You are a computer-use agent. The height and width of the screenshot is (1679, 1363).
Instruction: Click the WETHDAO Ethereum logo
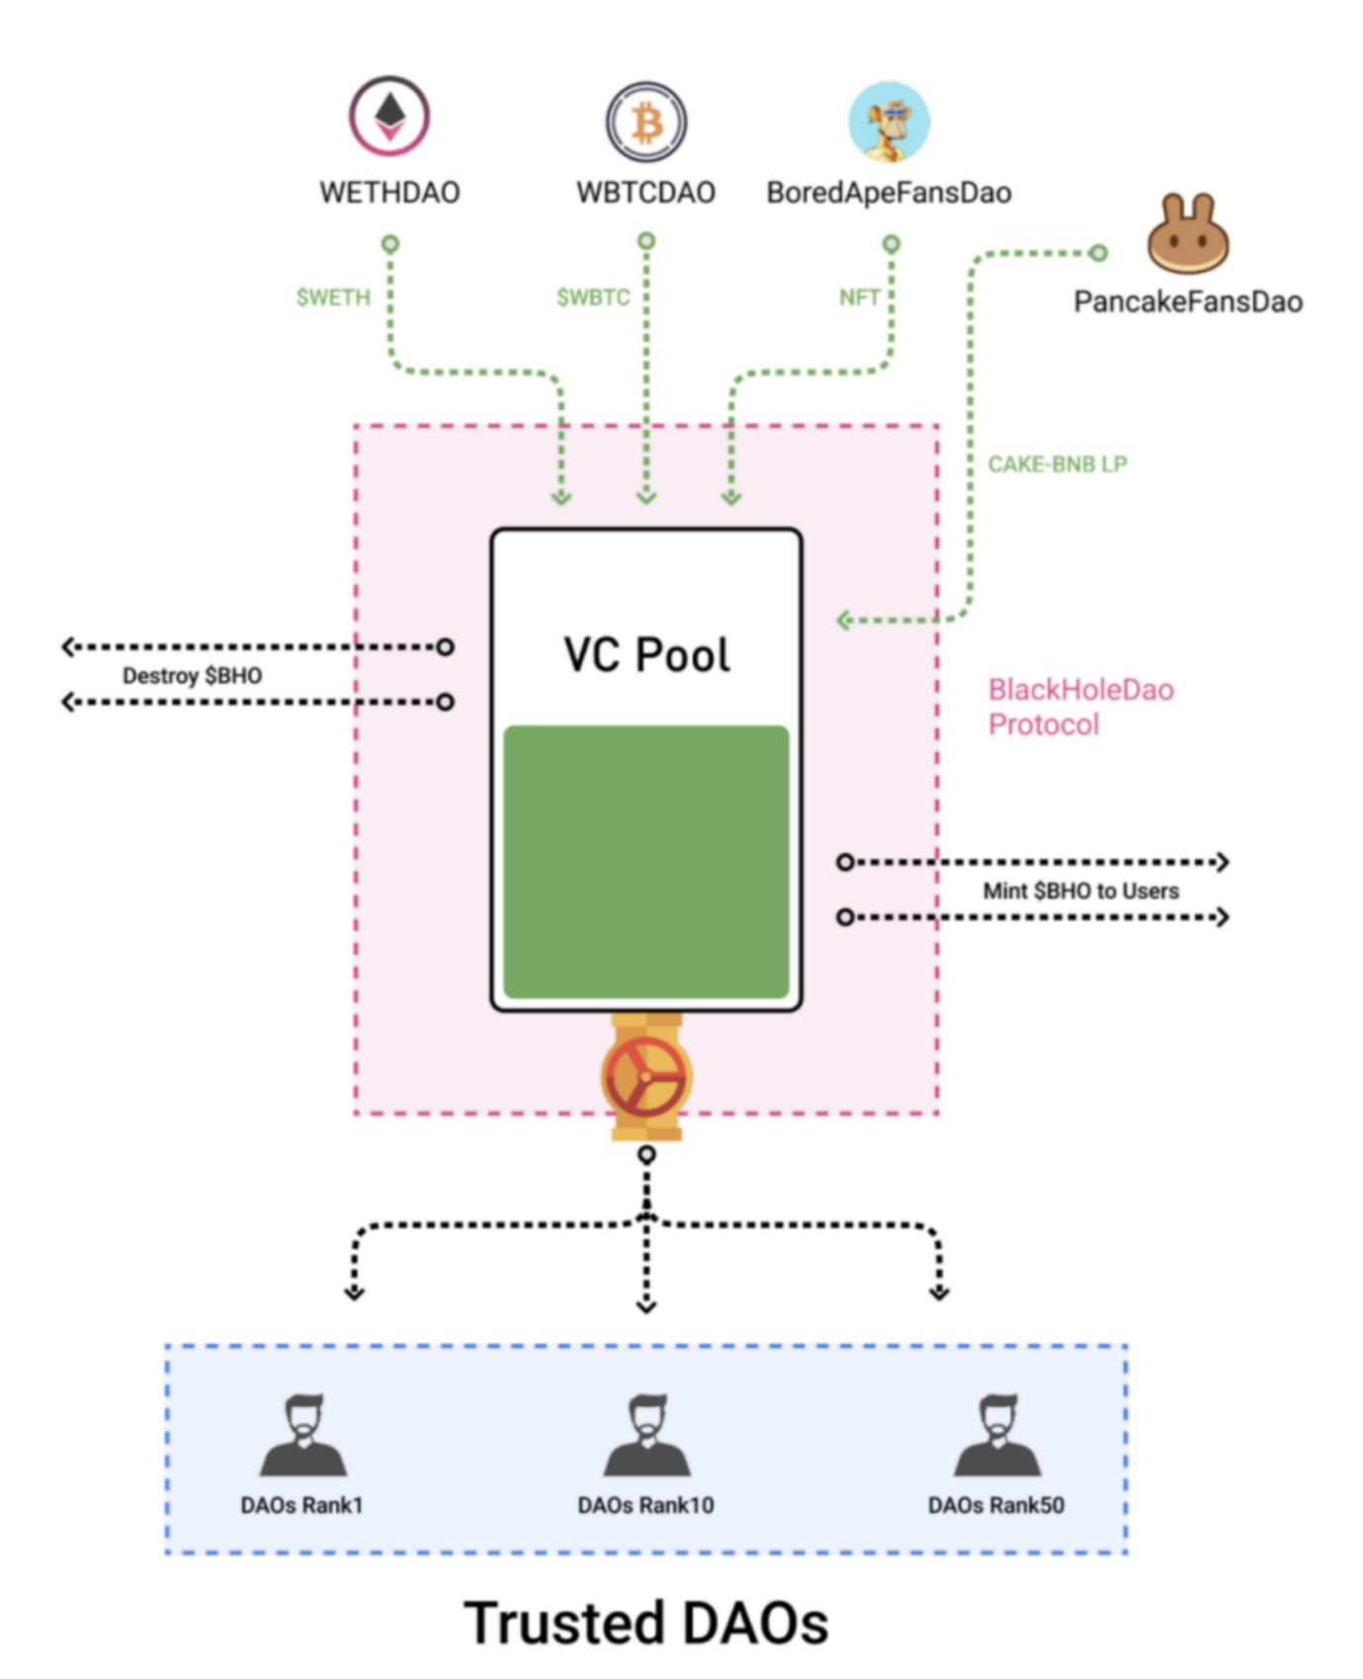pyautogui.click(x=389, y=117)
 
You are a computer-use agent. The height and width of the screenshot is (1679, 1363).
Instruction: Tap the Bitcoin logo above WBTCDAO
pyautogui.click(x=646, y=123)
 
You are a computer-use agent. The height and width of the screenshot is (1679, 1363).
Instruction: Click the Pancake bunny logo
pyautogui.click(x=1187, y=234)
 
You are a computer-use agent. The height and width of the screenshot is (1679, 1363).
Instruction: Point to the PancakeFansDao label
pyautogui.click(x=1187, y=301)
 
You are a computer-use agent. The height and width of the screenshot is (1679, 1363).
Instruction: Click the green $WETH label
pyautogui.click(x=333, y=297)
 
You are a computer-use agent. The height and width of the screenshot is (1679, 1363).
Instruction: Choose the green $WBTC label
pyautogui.click(x=593, y=297)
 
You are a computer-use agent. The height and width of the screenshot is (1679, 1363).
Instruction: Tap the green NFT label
pyautogui.click(x=859, y=297)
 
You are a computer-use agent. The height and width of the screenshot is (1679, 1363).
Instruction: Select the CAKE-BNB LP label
pyautogui.click(x=1058, y=464)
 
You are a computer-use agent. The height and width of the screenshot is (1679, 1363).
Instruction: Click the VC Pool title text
pyautogui.click(x=646, y=655)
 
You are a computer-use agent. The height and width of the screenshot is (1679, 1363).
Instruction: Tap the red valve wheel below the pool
pyautogui.click(x=646, y=1076)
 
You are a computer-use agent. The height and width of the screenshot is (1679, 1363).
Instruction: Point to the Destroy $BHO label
pyautogui.click(x=192, y=676)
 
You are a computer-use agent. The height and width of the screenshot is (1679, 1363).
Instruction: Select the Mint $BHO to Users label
pyautogui.click(x=1080, y=891)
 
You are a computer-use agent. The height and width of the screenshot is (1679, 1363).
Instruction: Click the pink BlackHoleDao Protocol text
pyautogui.click(x=1080, y=708)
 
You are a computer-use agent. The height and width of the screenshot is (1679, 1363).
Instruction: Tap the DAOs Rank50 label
pyautogui.click(x=995, y=1505)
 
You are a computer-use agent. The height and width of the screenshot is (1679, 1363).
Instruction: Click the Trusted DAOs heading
pyautogui.click(x=646, y=1623)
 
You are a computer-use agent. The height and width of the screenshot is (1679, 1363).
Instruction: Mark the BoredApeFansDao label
pyautogui.click(x=889, y=193)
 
